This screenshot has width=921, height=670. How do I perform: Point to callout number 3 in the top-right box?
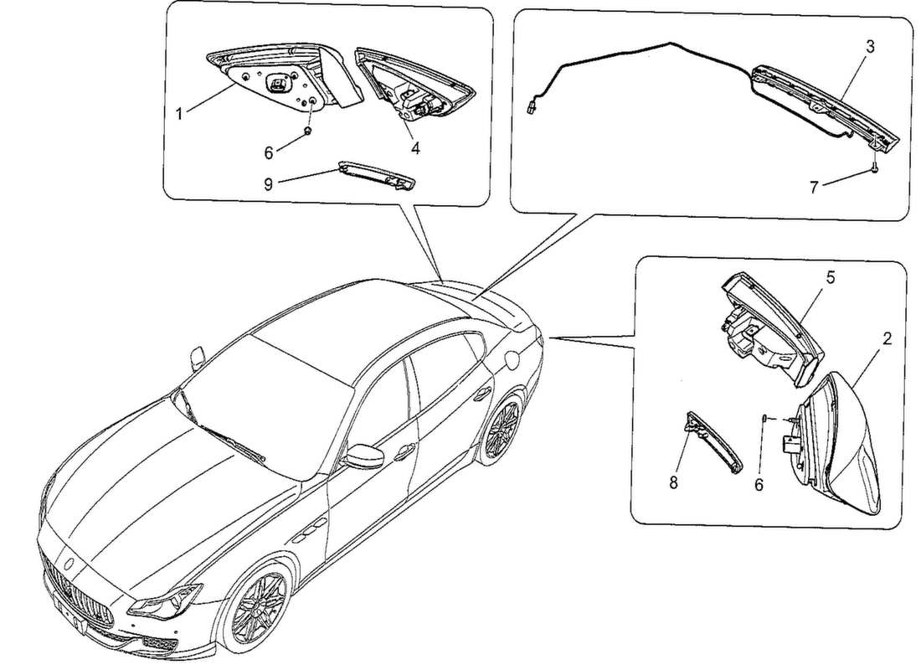[870, 47]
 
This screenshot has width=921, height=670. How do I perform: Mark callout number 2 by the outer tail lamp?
[887, 339]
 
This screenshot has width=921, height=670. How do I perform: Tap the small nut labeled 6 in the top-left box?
[308, 132]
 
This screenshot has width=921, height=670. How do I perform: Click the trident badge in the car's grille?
[76, 567]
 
